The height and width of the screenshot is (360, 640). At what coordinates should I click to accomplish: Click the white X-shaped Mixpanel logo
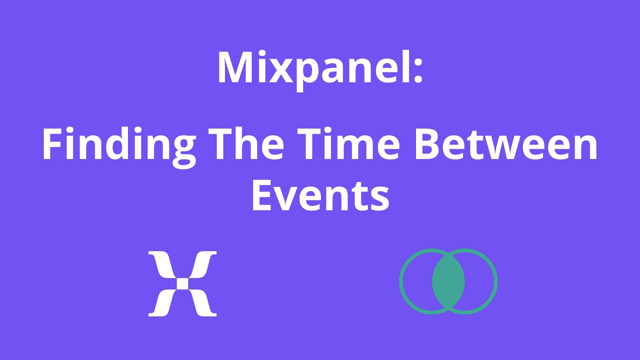(182, 283)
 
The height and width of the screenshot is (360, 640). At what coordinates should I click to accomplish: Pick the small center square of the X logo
(182, 283)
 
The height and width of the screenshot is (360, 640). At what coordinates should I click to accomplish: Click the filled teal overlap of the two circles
(448, 281)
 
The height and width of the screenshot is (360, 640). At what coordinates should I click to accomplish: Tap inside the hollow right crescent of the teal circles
(480, 281)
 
